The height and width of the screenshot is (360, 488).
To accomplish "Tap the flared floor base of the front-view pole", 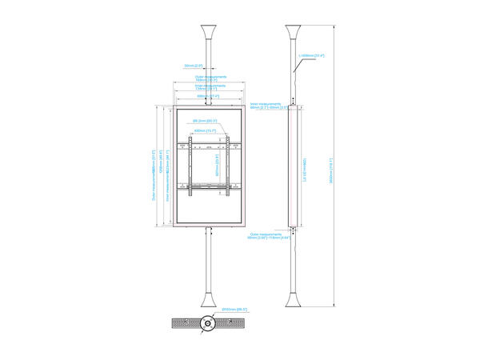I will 207,300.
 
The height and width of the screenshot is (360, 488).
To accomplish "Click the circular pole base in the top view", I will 207,323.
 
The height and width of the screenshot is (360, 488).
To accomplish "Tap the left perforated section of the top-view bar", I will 183,323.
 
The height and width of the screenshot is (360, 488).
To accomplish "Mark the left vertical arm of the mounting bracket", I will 190,166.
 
